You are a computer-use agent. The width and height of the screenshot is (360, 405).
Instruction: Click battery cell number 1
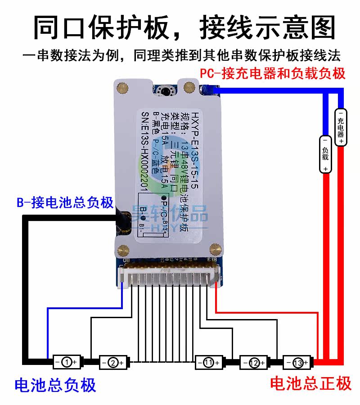click(66, 361)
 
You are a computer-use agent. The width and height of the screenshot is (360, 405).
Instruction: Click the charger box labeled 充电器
click(341, 127)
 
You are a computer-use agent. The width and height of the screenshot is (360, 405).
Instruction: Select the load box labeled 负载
click(325, 153)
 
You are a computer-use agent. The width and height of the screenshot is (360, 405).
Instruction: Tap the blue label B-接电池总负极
click(65, 202)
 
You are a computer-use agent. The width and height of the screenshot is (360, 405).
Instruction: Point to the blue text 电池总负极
click(55, 385)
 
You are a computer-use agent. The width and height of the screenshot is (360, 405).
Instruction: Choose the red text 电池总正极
click(310, 383)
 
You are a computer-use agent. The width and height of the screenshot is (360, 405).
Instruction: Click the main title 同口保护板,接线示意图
click(180, 28)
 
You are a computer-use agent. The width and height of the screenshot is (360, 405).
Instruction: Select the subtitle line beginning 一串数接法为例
click(180, 56)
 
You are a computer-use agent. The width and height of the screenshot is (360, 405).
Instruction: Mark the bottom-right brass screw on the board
click(216, 246)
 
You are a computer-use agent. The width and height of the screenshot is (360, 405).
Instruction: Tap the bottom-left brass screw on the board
click(121, 246)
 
